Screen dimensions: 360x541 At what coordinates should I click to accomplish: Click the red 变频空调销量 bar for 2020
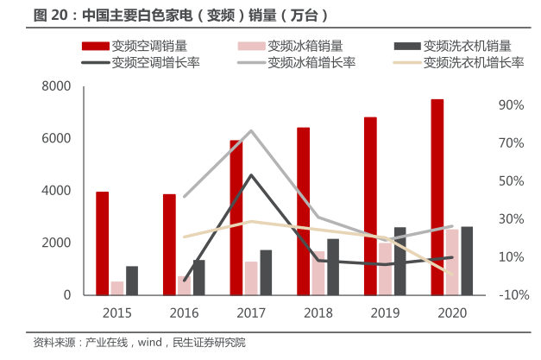[437, 197]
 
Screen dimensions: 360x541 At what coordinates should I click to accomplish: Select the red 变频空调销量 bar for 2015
[103, 243]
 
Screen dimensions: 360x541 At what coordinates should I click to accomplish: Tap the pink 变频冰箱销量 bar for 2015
[117, 287]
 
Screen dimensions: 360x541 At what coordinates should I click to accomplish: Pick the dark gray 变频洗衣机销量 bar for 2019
[399, 261]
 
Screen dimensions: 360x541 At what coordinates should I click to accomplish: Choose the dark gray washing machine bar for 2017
[266, 272]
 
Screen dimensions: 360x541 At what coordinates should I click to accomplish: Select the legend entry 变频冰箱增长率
[305, 62]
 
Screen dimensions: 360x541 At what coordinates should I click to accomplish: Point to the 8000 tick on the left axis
[56, 86]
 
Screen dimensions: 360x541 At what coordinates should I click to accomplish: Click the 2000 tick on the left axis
[56, 243]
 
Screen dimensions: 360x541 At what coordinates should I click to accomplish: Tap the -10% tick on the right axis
[511, 294]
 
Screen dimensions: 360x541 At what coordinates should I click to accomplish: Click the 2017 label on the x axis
[251, 313]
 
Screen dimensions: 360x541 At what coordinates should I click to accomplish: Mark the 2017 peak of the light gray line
[250, 131]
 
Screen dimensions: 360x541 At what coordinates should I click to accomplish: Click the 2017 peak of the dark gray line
[250, 175]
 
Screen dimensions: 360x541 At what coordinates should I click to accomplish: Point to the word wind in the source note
[144, 343]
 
